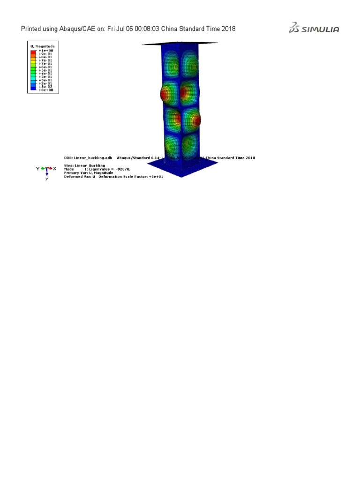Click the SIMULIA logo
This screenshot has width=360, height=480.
(x=314, y=29)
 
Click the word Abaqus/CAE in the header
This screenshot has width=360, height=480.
(x=75, y=29)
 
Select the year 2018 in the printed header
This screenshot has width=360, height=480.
(x=228, y=29)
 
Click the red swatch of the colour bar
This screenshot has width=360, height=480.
(x=33, y=52)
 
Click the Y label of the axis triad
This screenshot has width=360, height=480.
(x=37, y=168)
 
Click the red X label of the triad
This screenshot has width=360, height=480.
(x=54, y=168)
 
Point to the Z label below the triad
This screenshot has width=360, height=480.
(x=46, y=179)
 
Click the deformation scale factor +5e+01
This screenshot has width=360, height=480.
(x=155, y=177)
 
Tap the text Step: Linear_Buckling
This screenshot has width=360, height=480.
(x=85, y=165)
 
